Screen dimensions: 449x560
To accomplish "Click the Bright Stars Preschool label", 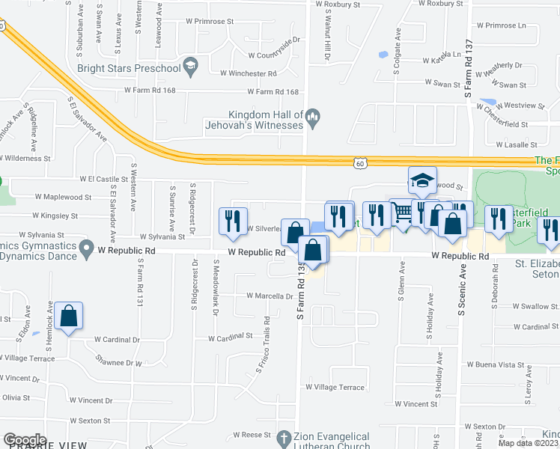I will click(x=129, y=69).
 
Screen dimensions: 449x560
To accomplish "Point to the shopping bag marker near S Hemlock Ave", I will click(x=68, y=317).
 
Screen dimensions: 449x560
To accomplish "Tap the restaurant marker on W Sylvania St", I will click(x=231, y=222).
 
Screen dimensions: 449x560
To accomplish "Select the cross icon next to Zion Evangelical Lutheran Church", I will click(x=283, y=436).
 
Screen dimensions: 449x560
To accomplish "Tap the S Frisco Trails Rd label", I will click(x=267, y=337).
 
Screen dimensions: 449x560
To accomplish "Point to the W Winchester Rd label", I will click(x=249, y=73).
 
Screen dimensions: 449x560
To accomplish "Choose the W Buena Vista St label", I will click(x=495, y=364).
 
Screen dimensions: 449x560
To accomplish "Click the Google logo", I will click(x=25, y=440).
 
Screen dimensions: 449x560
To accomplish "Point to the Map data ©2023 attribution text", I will click(x=528, y=443).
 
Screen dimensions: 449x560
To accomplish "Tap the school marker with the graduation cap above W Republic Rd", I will click(x=422, y=180).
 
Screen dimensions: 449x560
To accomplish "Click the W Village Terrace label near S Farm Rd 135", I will click(x=335, y=387).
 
